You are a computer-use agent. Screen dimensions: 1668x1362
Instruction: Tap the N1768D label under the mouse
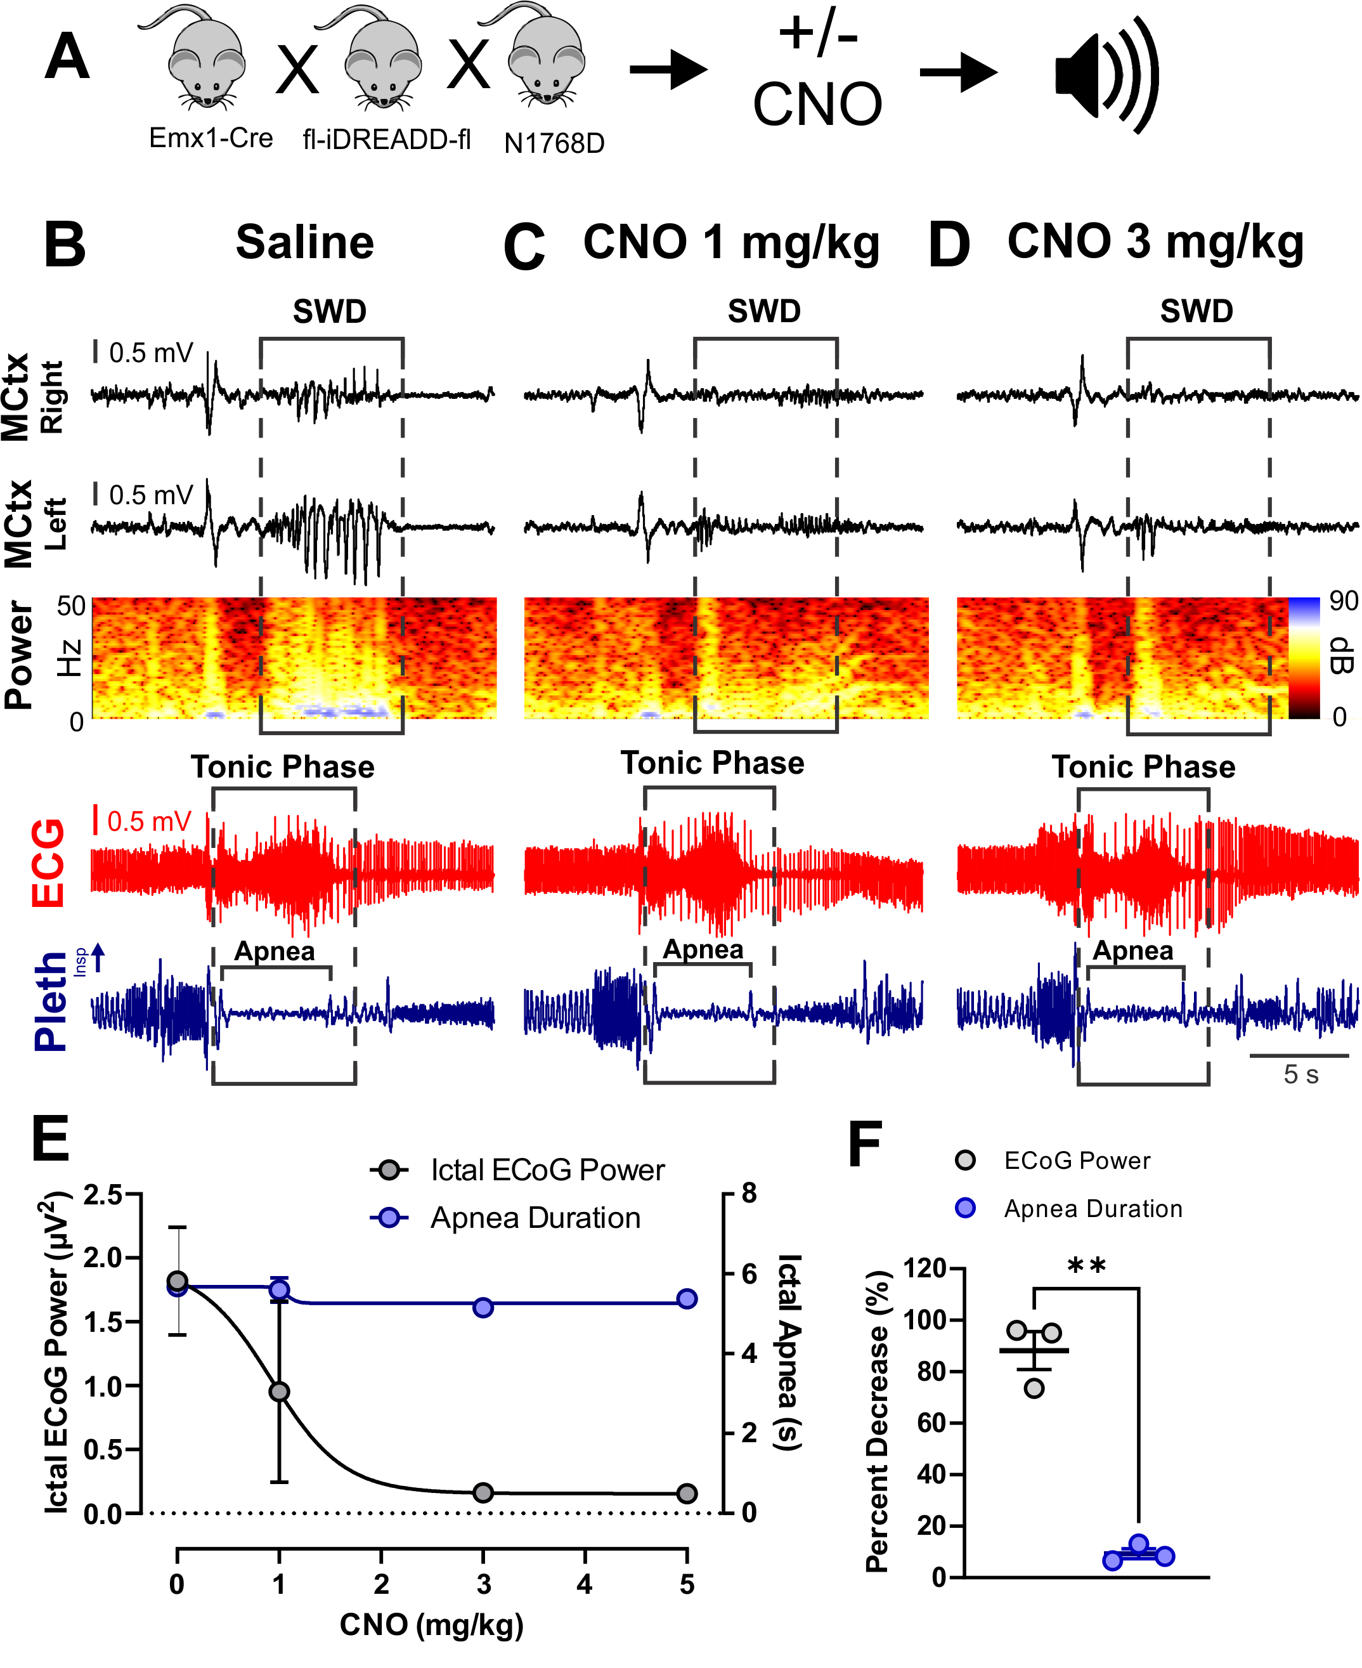[x=554, y=143]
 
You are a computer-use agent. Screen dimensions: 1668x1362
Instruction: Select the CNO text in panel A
[x=817, y=105]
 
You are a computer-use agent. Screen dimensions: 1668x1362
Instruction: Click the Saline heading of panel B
[x=304, y=242]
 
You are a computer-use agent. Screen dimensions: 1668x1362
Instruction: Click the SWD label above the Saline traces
[x=330, y=311]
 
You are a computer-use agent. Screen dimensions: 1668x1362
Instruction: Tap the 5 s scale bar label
[x=1300, y=1074]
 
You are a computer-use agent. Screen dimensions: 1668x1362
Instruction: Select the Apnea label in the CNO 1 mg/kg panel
[x=703, y=949]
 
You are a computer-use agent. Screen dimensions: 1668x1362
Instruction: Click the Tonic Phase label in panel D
[x=1143, y=767]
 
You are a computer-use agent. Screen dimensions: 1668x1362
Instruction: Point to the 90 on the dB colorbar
[x=1343, y=602]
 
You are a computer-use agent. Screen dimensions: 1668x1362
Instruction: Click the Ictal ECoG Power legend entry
[x=547, y=1170]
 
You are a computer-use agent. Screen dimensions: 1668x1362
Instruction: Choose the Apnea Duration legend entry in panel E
[x=535, y=1218]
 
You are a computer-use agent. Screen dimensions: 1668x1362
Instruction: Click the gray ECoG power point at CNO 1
[x=279, y=1392]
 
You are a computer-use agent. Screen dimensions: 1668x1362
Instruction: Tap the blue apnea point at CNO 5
[x=687, y=1298]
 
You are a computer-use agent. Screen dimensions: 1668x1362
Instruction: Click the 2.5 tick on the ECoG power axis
[x=103, y=1195]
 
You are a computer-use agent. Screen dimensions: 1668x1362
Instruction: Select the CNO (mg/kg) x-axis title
[x=432, y=1624]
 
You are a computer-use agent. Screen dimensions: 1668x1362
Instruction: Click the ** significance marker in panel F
[x=1087, y=1265]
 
